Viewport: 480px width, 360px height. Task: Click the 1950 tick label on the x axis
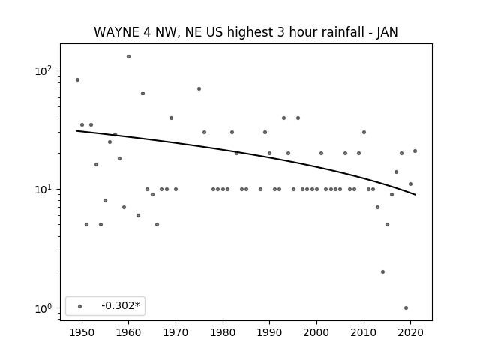click(82, 332)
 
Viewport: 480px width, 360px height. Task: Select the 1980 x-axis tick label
click(223, 332)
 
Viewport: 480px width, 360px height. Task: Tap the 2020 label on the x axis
click(410, 332)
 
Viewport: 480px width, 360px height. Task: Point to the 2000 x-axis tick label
click(316, 332)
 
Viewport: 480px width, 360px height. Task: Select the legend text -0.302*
click(121, 305)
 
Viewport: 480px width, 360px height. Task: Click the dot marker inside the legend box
click(79, 306)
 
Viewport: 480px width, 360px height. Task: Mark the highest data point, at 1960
click(128, 57)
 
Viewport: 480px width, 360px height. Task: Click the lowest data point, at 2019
click(406, 308)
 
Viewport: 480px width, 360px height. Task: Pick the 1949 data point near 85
click(77, 80)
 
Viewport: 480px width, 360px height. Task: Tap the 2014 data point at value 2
click(382, 271)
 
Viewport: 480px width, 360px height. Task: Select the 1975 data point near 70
click(199, 88)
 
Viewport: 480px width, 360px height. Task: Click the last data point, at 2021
click(415, 151)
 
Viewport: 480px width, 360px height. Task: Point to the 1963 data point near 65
click(142, 93)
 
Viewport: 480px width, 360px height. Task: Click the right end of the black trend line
click(415, 195)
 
